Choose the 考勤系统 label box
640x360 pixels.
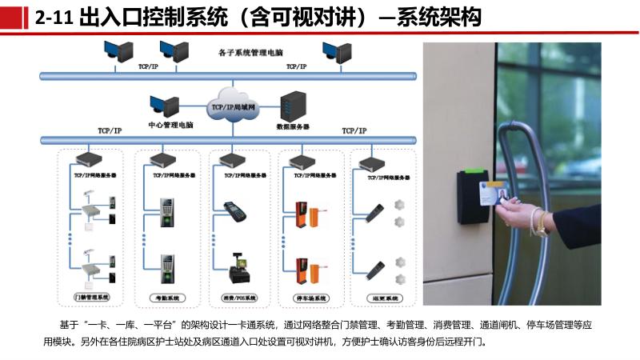[x=165, y=297]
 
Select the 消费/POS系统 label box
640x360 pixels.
[x=238, y=297]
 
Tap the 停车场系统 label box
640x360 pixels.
[x=308, y=297]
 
